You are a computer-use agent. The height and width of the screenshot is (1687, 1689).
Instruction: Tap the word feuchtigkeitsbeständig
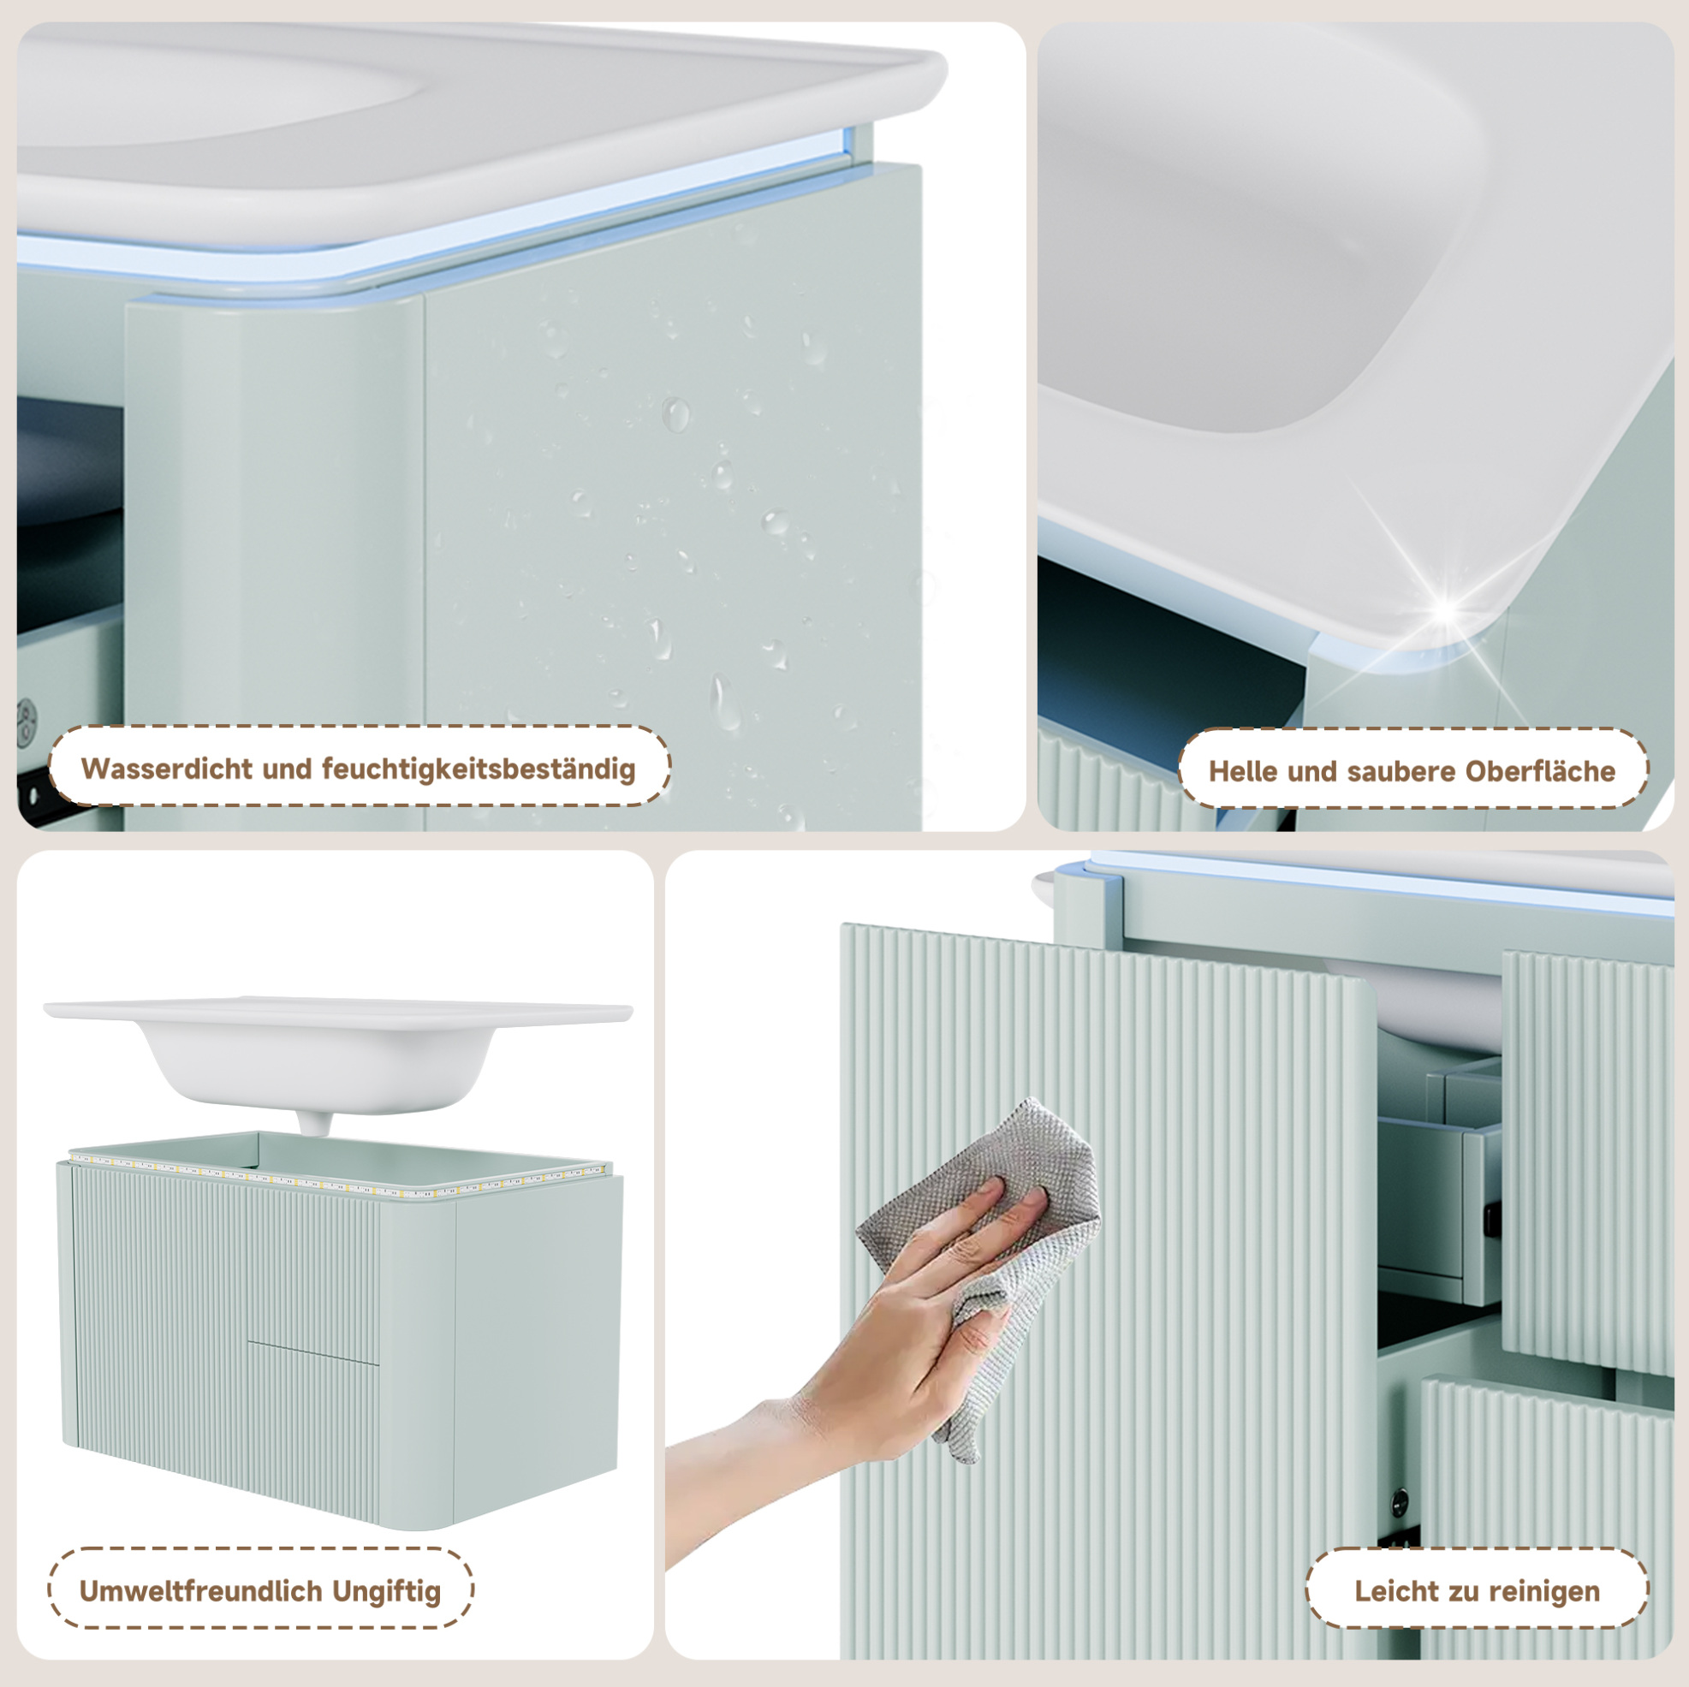coord(479,769)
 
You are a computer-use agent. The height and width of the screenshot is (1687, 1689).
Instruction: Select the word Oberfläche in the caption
coord(1540,771)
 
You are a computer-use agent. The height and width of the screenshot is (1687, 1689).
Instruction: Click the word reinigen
coord(1543,1592)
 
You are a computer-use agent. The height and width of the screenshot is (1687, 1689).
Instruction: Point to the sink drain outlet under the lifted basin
coord(313,1122)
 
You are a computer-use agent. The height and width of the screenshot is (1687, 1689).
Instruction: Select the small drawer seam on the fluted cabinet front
coord(313,1351)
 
